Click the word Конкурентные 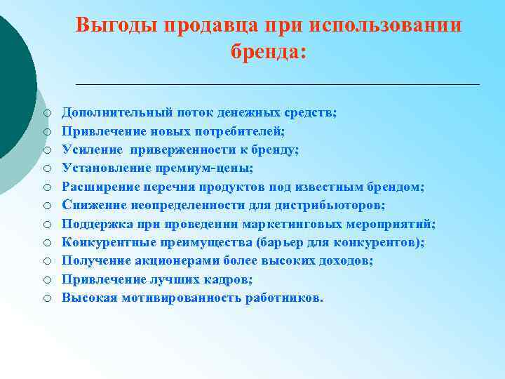point(102,242)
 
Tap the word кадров point(231,279)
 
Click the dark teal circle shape point(13,77)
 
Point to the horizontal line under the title point(277,84)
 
